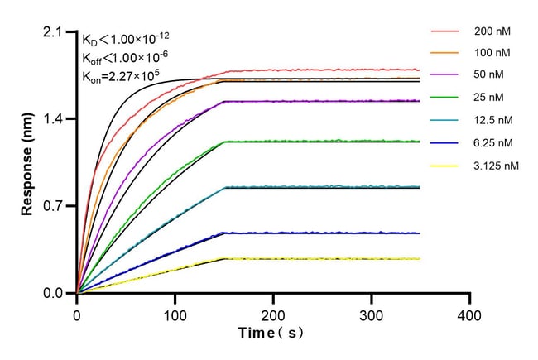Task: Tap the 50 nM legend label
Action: click(x=489, y=75)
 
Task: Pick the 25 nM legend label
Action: click(x=489, y=98)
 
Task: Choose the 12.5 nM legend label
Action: click(x=493, y=120)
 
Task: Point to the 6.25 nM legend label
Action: click(x=493, y=142)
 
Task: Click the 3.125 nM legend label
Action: click(x=497, y=166)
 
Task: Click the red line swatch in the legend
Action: click(x=446, y=31)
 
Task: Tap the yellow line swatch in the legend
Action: click(x=446, y=166)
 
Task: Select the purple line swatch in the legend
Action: click(x=446, y=75)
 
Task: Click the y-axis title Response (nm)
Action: click(x=27, y=163)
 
